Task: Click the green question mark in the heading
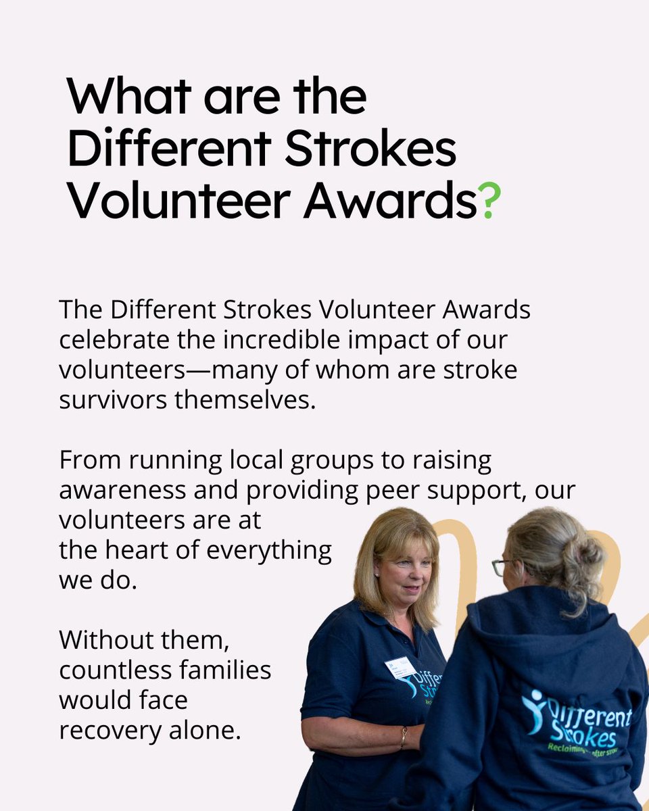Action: tap(489, 202)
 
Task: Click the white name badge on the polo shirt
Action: tap(400, 667)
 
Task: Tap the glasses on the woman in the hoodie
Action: tap(500, 566)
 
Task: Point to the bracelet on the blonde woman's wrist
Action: tap(404, 736)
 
